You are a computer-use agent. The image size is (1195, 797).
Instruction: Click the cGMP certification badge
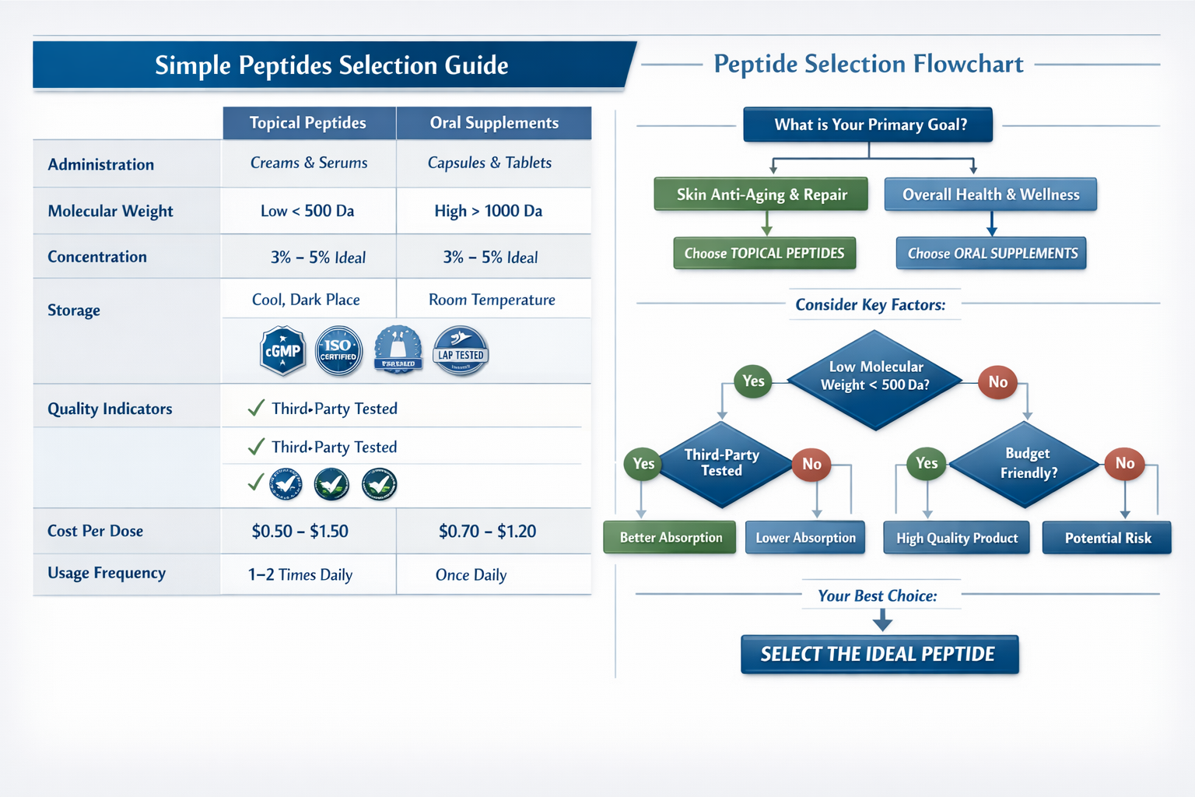(x=282, y=351)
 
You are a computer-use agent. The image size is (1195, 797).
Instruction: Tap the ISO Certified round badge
(x=338, y=351)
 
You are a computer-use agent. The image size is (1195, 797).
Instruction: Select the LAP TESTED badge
(x=461, y=351)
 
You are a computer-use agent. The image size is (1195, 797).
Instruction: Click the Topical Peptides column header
(x=308, y=123)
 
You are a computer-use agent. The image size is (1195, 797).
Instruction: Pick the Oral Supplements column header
(x=494, y=123)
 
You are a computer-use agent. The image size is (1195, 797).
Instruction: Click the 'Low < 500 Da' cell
(x=307, y=211)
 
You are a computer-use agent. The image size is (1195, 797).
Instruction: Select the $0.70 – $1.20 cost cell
(x=487, y=531)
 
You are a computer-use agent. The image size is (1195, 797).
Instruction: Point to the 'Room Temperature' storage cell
(x=492, y=300)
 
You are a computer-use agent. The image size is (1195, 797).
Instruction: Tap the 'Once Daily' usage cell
(x=471, y=574)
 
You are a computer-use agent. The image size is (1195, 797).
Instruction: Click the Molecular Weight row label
(x=110, y=211)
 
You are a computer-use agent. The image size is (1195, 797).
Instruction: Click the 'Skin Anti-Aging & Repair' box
(x=761, y=195)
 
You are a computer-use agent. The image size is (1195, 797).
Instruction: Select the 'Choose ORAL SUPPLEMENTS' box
(x=992, y=254)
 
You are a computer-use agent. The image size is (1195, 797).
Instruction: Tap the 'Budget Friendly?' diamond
(x=1028, y=464)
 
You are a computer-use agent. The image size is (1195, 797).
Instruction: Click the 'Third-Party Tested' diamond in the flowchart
(x=722, y=464)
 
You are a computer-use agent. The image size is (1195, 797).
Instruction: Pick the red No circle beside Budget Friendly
(x=1124, y=463)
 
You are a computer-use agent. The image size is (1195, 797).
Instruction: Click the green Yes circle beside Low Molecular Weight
(x=753, y=381)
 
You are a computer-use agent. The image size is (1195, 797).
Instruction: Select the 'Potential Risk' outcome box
(x=1107, y=538)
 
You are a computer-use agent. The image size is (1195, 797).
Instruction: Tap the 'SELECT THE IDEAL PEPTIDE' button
(x=879, y=654)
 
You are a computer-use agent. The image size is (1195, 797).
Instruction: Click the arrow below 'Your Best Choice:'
(x=882, y=620)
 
